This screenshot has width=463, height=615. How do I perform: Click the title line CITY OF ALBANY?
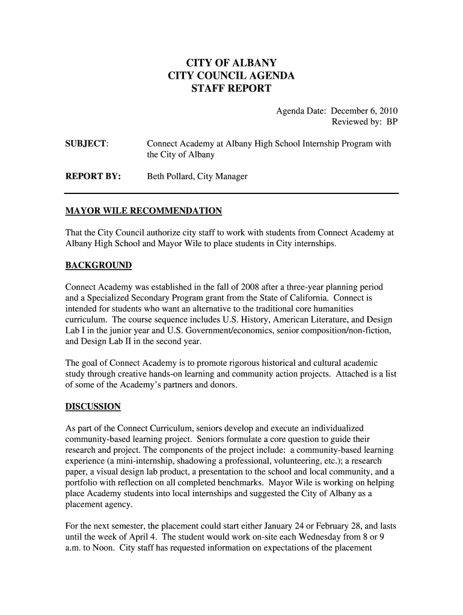click(231, 63)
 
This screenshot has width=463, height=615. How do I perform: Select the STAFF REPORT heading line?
click(231, 89)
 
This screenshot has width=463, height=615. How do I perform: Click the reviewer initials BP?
click(392, 123)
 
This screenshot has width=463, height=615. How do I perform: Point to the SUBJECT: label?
click(87, 144)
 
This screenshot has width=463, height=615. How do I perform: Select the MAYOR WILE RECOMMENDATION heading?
click(143, 211)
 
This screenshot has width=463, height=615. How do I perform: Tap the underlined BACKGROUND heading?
click(98, 265)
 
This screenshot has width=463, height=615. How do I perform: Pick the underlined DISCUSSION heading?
click(93, 407)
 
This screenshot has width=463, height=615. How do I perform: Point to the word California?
click(307, 298)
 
